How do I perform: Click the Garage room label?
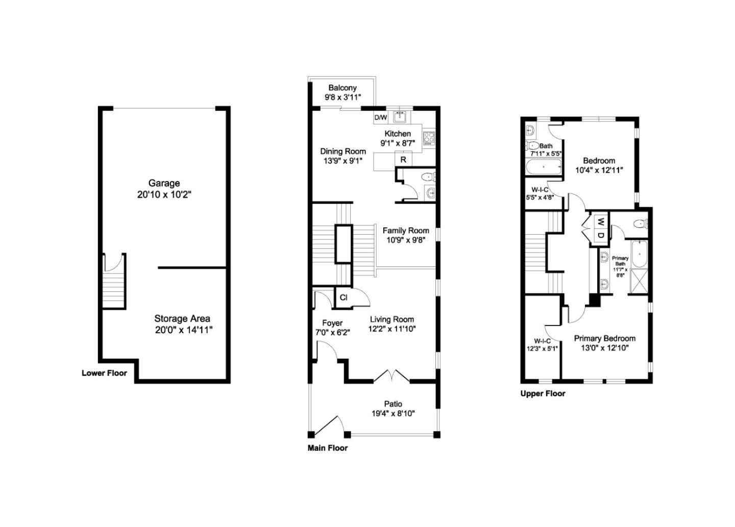pyautogui.click(x=164, y=183)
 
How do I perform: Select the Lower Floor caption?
pyautogui.click(x=104, y=373)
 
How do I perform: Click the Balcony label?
pyautogui.click(x=342, y=88)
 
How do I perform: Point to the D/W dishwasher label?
pyautogui.click(x=381, y=118)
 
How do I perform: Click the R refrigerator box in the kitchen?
pyautogui.click(x=403, y=159)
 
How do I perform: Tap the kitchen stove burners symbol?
pyautogui.click(x=429, y=138)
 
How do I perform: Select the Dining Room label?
pyautogui.click(x=343, y=151)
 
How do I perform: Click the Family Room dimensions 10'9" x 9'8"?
pyautogui.click(x=406, y=240)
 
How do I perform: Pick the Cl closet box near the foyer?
pyautogui.click(x=344, y=297)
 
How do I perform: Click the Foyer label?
pyautogui.click(x=332, y=323)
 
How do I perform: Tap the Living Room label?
pyautogui.click(x=392, y=319)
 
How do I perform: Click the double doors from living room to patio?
pyautogui.click(x=391, y=376)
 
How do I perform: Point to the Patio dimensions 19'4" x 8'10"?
pyautogui.click(x=393, y=413)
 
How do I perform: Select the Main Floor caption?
pyautogui.click(x=327, y=448)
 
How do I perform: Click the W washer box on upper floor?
pyautogui.click(x=601, y=222)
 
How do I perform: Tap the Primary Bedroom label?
pyautogui.click(x=605, y=338)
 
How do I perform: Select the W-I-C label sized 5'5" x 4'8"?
pyautogui.click(x=540, y=190)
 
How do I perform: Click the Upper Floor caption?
pyautogui.click(x=543, y=394)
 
